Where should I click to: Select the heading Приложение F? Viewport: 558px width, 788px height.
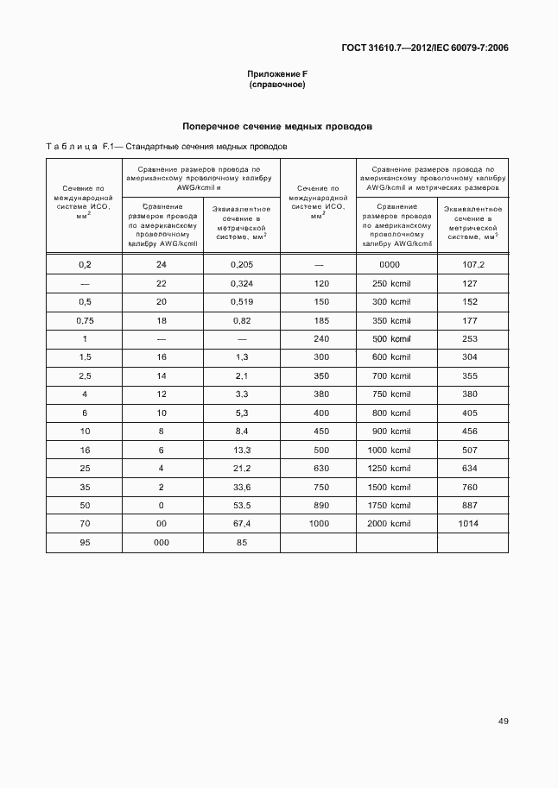tap(277, 74)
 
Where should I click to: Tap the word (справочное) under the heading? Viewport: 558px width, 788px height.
tap(277, 85)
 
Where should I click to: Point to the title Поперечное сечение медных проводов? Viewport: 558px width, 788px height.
tap(277, 126)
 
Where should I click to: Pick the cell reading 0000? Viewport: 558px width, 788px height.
tap(390, 264)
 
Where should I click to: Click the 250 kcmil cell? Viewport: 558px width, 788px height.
tap(390, 283)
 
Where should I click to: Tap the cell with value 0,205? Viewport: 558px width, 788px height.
tap(241, 264)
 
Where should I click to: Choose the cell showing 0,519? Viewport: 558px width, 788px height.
tap(241, 302)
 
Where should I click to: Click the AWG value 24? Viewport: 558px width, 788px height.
tap(161, 264)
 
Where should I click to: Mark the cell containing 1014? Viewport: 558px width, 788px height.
tap(470, 524)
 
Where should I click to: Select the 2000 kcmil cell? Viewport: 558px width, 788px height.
tap(390, 524)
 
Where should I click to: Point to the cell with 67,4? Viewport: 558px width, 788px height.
tap(241, 524)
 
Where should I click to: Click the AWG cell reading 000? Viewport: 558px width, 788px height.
tap(161, 543)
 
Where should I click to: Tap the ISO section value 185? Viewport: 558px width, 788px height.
tap(321, 320)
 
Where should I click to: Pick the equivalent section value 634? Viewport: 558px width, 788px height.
tap(470, 469)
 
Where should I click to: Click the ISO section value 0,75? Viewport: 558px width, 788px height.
tap(85, 320)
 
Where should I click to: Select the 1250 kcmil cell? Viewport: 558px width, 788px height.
tap(390, 469)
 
